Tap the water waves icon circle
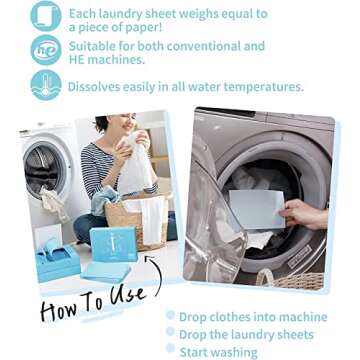pyautogui.click(x=46, y=85)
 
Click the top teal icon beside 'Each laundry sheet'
pyautogui.click(x=46, y=15)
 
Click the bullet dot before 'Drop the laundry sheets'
pyautogui.click(x=170, y=333)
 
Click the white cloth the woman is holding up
pyautogui.click(x=135, y=165)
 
